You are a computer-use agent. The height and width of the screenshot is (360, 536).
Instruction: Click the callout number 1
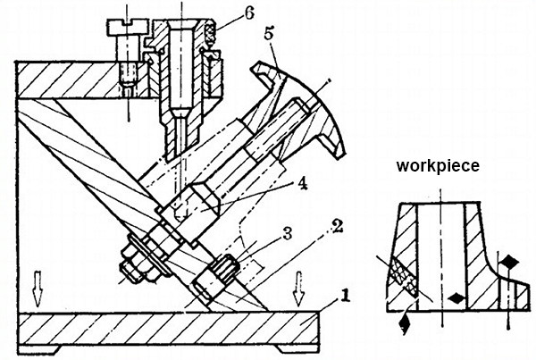[x=345, y=296]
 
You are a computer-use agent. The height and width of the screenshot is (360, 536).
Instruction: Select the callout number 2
[x=337, y=227]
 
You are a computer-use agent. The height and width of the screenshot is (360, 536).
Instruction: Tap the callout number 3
[x=287, y=234]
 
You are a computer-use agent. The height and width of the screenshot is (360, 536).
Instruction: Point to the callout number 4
[x=302, y=185]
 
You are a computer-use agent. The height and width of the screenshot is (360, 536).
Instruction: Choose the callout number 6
[x=248, y=13]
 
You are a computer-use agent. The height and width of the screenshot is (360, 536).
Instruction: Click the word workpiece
[x=438, y=166]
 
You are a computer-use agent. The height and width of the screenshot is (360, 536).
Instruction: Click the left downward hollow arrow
[x=38, y=289]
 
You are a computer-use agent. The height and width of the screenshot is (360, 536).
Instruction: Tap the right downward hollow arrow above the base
[x=299, y=289]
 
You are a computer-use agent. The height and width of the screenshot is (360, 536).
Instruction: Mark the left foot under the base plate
[x=39, y=349]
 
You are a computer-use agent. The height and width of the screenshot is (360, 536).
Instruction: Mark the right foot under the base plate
[x=297, y=349]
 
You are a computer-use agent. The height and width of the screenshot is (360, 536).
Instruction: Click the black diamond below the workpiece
[x=405, y=321]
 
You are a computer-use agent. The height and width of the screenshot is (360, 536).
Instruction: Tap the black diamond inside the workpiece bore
[x=456, y=298]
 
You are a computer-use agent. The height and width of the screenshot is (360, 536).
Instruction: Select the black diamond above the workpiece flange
[x=510, y=263]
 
